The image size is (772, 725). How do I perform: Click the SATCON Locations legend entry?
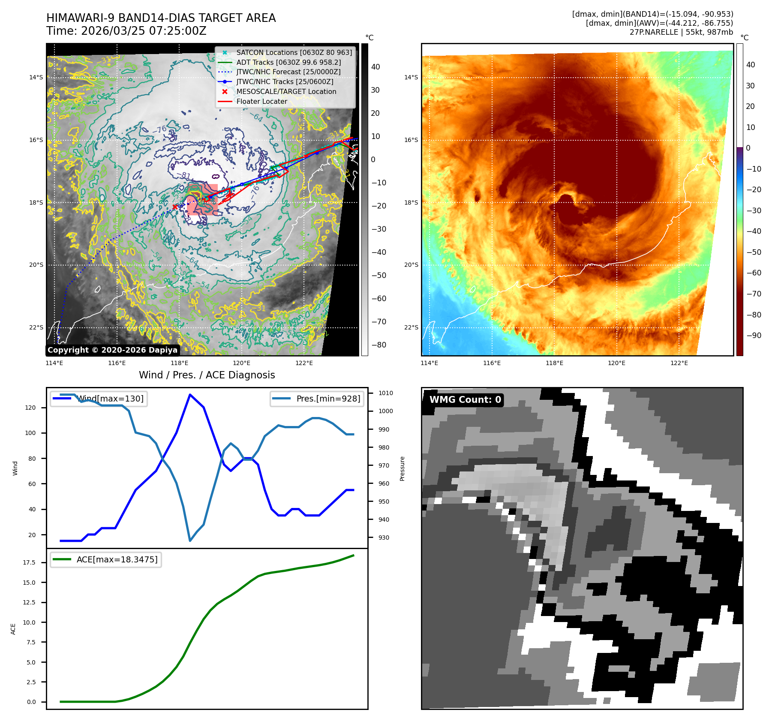tap(294, 53)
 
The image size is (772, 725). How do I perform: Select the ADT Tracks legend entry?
tap(288, 63)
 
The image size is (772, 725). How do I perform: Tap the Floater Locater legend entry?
tap(261, 102)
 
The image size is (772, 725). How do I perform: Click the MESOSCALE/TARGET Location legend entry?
tap(286, 92)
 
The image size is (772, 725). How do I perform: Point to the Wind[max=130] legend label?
tap(110, 399)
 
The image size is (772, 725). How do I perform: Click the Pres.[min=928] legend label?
tap(328, 399)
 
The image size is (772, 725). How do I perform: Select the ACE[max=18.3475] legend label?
tap(117, 560)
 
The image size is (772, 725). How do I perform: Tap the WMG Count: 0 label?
tap(465, 400)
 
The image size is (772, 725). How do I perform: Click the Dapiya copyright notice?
tap(112, 350)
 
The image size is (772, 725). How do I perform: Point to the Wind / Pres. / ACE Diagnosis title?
tap(207, 375)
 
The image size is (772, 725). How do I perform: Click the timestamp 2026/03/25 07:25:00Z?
tap(144, 31)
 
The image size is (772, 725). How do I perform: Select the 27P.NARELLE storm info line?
tap(681, 32)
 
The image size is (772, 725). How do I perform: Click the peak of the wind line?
tap(190, 395)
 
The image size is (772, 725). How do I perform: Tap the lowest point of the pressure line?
tap(190, 541)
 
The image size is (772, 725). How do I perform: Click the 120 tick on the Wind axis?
tap(30, 408)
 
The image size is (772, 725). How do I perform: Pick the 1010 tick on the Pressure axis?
tap(385, 393)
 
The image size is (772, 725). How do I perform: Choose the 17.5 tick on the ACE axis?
tap(29, 563)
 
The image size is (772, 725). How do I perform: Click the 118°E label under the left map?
tap(179, 363)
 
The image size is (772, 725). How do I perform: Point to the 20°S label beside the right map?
tap(411, 265)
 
